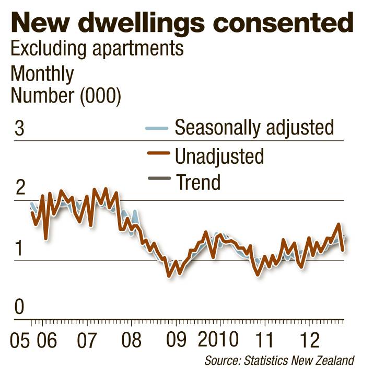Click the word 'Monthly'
tap(42, 74)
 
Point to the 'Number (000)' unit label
tap(66, 96)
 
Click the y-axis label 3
tap(19, 129)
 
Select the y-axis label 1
tap(19, 249)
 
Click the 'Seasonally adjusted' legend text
tap(254, 127)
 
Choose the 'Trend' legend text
tap(199, 183)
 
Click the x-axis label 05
tap(20, 341)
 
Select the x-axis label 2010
tap(219, 341)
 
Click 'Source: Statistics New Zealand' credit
tap(279, 361)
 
